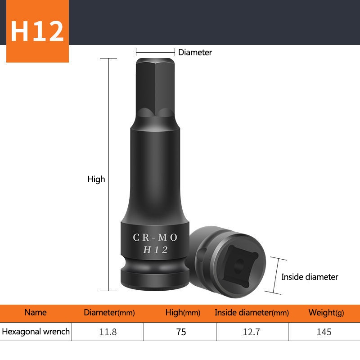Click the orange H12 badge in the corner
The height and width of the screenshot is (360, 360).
tap(37, 31)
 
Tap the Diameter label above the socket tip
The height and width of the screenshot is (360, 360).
tap(195, 52)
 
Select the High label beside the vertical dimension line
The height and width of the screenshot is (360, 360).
tap(96, 179)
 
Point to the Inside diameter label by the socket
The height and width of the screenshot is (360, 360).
tap(310, 277)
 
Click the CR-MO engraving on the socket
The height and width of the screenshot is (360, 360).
tap(155, 237)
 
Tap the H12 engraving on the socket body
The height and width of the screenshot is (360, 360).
tap(155, 250)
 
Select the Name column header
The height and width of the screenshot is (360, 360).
tap(36, 312)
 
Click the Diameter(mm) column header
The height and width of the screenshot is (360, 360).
tap(109, 313)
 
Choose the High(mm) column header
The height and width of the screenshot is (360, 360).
tap(183, 313)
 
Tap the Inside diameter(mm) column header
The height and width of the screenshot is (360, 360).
tap(252, 313)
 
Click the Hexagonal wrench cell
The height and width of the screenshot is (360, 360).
tap(36, 332)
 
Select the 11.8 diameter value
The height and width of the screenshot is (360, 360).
tap(108, 332)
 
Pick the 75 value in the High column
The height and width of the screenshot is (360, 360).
tap(181, 332)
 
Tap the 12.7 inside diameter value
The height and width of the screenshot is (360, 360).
tap(252, 332)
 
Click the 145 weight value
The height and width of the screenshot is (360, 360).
tap(324, 332)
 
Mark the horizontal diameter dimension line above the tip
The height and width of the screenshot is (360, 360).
tap(156, 52)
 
